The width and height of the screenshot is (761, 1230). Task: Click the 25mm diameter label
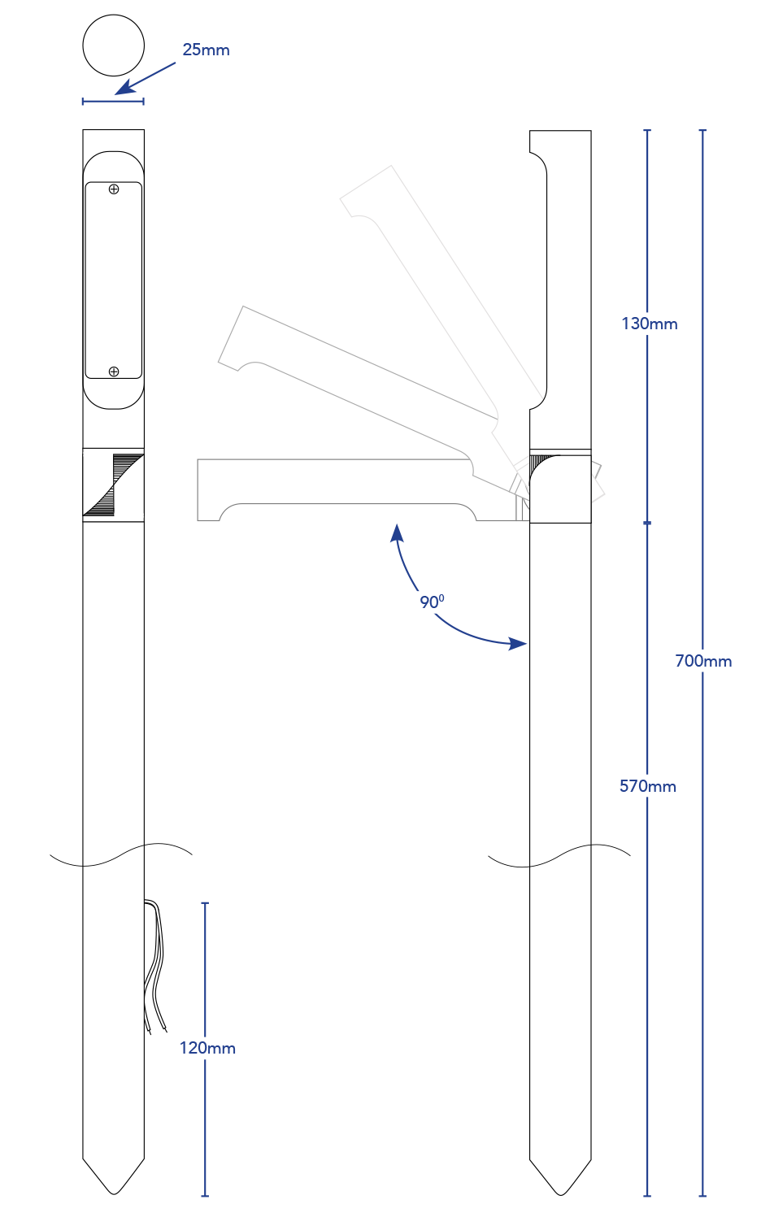pyautogui.click(x=206, y=50)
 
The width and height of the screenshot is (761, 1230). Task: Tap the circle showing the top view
pyautogui.click(x=114, y=46)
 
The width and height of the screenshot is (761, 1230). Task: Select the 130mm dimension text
pyautogui.click(x=650, y=324)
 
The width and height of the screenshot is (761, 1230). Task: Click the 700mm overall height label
pyautogui.click(x=703, y=661)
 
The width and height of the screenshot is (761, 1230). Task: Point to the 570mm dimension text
pyautogui.click(x=648, y=786)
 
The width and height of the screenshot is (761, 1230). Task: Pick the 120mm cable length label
pyautogui.click(x=207, y=1048)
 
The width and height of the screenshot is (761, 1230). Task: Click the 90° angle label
pyautogui.click(x=432, y=602)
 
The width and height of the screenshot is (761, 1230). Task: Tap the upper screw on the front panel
pyautogui.click(x=114, y=189)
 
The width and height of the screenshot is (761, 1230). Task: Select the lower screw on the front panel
pyautogui.click(x=114, y=372)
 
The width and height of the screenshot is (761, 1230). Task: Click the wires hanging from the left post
pyautogui.click(x=154, y=967)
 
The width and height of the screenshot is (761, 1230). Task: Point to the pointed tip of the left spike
pyautogui.click(x=114, y=1194)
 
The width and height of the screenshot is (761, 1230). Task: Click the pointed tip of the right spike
pyautogui.click(x=561, y=1195)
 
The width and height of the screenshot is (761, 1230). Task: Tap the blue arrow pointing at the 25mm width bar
pyautogui.click(x=146, y=79)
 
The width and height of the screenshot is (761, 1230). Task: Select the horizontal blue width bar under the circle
pyautogui.click(x=113, y=101)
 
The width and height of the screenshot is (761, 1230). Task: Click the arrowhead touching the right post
pyautogui.click(x=518, y=643)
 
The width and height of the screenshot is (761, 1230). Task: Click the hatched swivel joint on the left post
pyautogui.click(x=114, y=485)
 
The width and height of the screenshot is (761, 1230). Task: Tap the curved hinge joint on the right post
pyautogui.click(x=561, y=489)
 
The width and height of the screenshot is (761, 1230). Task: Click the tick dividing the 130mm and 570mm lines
pyautogui.click(x=647, y=524)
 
